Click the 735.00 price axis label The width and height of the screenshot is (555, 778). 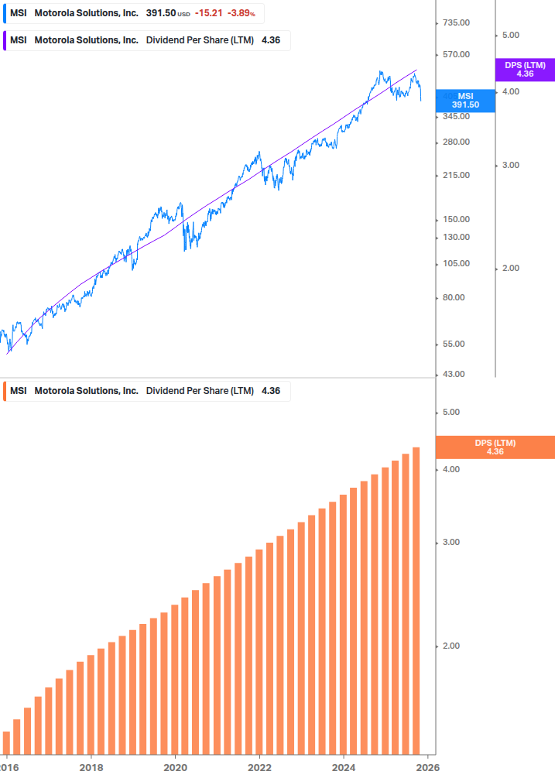pyautogui.click(x=455, y=22)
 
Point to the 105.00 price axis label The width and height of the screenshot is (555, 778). pyautogui.click(x=455, y=263)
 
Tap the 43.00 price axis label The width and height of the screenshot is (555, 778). pyautogui.click(x=455, y=374)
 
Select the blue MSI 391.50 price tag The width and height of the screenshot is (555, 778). pyautogui.click(x=465, y=101)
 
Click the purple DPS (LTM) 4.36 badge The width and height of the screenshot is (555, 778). pyautogui.click(x=525, y=70)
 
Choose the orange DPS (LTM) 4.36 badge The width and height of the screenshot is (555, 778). pyautogui.click(x=495, y=447)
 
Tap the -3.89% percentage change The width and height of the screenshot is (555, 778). pyautogui.click(x=242, y=13)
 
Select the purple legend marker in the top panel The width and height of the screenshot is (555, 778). pyautogui.click(x=5, y=40)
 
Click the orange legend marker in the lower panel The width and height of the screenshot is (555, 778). pyautogui.click(x=5, y=391)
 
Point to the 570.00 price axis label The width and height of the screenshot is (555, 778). pyautogui.click(x=455, y=54)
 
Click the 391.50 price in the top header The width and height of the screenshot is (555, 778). pyautogui.click(x=161, y=13)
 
